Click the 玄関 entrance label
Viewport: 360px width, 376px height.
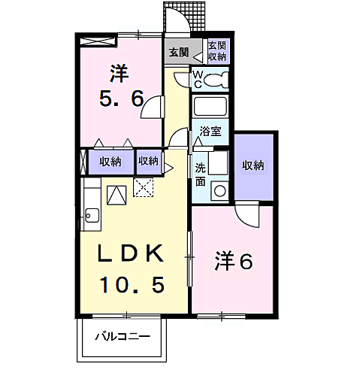coord(178,53)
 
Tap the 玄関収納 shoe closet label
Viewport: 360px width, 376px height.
coord(217,51)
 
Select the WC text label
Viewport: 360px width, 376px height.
coord(198,78)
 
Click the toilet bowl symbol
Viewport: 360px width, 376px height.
coord(217,79)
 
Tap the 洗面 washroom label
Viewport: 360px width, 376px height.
coord(201,174)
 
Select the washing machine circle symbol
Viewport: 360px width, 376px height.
coord(220,191)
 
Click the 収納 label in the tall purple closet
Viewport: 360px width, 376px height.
coord(253,166)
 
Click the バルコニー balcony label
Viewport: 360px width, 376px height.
coord(122,337)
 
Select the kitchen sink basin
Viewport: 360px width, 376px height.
coord(91,216)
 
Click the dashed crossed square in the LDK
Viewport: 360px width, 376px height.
coord(143,187)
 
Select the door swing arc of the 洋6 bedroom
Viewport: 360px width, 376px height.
coord(246,215)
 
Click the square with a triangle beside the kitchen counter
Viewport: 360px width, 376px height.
coord(116,195)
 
